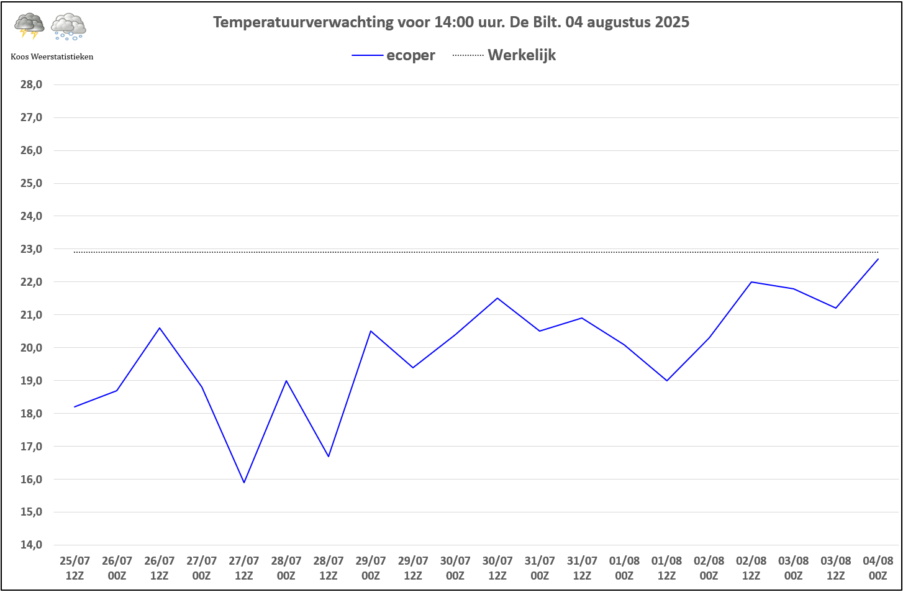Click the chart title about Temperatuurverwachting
pyautogui.click(x=451, y=22)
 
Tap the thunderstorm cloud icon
pyautogui.click(x=29, y=27)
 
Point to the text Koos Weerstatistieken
pyautogui.click(x=52, y=57)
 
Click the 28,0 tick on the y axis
pyautogui.click(x=31, y=84)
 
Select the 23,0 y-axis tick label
pyautogui.click(x=31, y=249)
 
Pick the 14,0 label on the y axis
pyautogui.click(x=31, y=545)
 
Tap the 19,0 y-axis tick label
pyautogui.click(x=31, y=381)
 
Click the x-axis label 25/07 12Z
pyautogui.click(x=75, y=568)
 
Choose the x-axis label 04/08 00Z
pyautogui.click(x=878, y=568)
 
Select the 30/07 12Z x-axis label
pyautogui.click(x=497, y=568)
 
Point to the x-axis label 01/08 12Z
pyautogui.click(x=666, y=568)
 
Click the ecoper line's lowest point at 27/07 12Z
pyautogui.click(x=244, y=483)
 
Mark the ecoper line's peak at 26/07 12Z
pyautogui.click(x=160, y=328)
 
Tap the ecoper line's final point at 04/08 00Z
pyautogui.click(x=878, y=259)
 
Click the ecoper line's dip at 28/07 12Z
pyautogui.click(x=329, y=457)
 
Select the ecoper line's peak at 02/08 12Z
pyautogui.click(x=751, y=282)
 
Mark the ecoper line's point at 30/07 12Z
pyautogui.click(x=497, y=298)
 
